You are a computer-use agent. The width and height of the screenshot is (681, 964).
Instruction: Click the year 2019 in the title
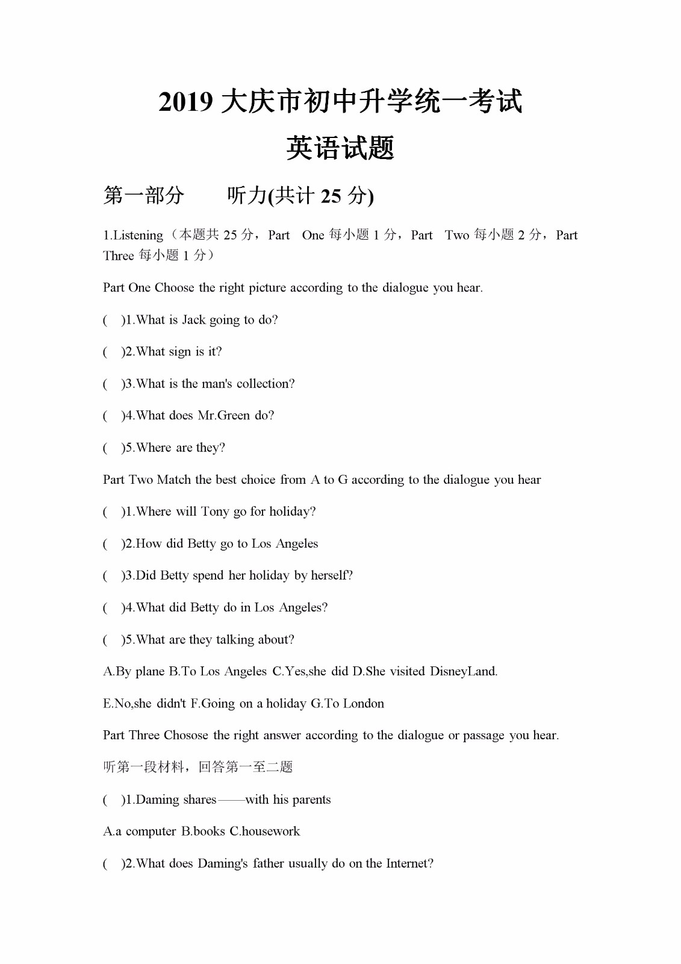185,102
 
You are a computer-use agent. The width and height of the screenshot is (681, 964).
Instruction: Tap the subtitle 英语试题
340,148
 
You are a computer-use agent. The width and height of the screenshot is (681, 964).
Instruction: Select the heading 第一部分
143,195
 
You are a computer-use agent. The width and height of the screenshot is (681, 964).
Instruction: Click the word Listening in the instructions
138,235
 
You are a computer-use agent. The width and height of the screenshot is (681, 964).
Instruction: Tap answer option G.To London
347,703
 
